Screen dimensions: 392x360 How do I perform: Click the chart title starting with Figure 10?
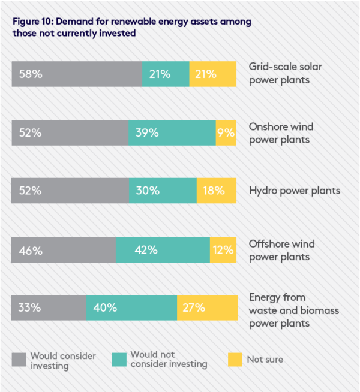tap(131, 28)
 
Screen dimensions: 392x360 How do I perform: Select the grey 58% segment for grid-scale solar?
tap(77, 74)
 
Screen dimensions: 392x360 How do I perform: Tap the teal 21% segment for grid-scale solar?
tap(166, 74)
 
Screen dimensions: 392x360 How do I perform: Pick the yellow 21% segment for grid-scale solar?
tap(212, 74)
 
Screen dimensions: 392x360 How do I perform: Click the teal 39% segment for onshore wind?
tap(172, 133)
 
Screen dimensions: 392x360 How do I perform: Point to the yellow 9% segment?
tap(226, 133)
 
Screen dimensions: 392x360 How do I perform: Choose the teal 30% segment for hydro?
tap(163, 191)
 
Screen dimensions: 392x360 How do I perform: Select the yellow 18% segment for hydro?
tap(216, 191)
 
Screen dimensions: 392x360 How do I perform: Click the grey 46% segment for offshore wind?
tap(64, 250)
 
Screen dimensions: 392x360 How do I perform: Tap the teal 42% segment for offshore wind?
tap(163, 250)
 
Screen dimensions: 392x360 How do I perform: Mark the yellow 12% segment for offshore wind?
tap(223, 250)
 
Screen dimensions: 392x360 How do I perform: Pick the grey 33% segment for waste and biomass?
tap(49, 308)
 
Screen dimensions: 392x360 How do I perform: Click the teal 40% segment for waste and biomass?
tap(131, 308)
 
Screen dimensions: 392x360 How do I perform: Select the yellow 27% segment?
tap(206, 308)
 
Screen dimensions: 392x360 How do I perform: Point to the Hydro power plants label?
tap(294, 191)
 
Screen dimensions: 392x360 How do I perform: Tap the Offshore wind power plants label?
tap(281, 251)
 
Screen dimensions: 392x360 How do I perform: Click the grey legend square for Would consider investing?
tap(19, 360)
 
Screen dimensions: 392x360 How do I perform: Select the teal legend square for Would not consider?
tap(119, 360)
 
